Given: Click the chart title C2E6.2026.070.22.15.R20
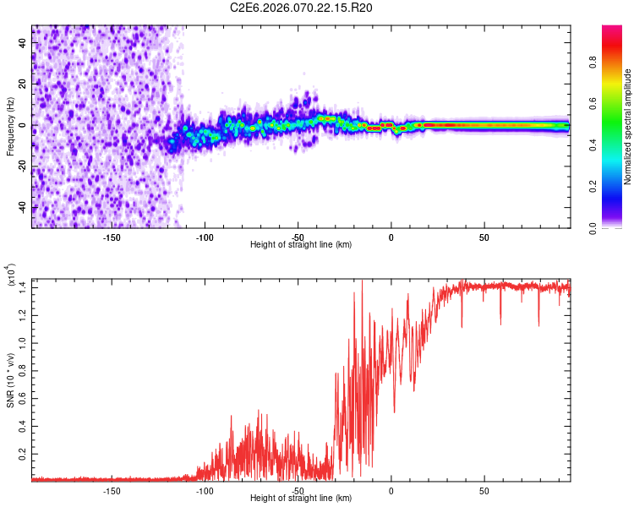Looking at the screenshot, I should pyautogui.click(x=302, y=8).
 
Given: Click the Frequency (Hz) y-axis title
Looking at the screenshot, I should pyautogui.click(x=10, y=126).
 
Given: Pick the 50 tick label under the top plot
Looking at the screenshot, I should pyautogui.click(x=484, y=237).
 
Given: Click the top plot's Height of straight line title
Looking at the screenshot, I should pyautogui.click(x=301, y=245).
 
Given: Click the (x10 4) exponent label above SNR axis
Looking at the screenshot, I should pyautogui.click(x=10, y=275).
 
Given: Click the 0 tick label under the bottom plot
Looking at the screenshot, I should pyautogui.click(x=391, y=490).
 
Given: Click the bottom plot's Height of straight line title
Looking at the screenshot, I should pyautogui.click(x=301, y=499).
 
